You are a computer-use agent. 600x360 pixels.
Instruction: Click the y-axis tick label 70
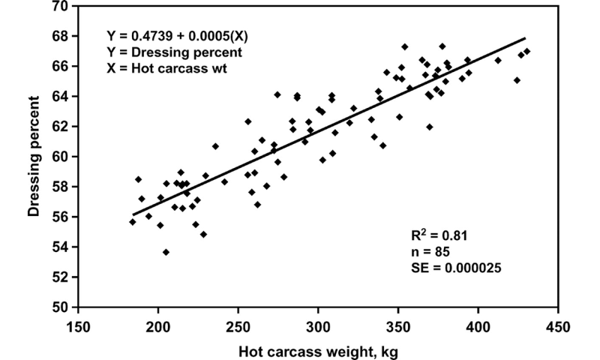pos(59,7)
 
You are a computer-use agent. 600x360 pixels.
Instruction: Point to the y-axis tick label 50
pos(59,307)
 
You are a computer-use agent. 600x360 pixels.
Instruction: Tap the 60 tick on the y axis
pos(59,157)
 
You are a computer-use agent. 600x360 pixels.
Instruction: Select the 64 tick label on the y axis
pos(59,97)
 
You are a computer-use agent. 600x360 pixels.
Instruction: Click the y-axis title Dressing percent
pos(34,156)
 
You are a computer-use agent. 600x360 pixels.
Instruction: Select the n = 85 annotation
pos(430,250)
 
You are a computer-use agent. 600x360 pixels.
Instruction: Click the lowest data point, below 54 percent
pos(166,252)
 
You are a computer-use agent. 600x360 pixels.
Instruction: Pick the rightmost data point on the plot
pos(526,52)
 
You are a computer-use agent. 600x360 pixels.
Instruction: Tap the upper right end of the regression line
pos(525,37)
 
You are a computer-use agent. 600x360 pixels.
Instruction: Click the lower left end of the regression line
pos(133,214)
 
